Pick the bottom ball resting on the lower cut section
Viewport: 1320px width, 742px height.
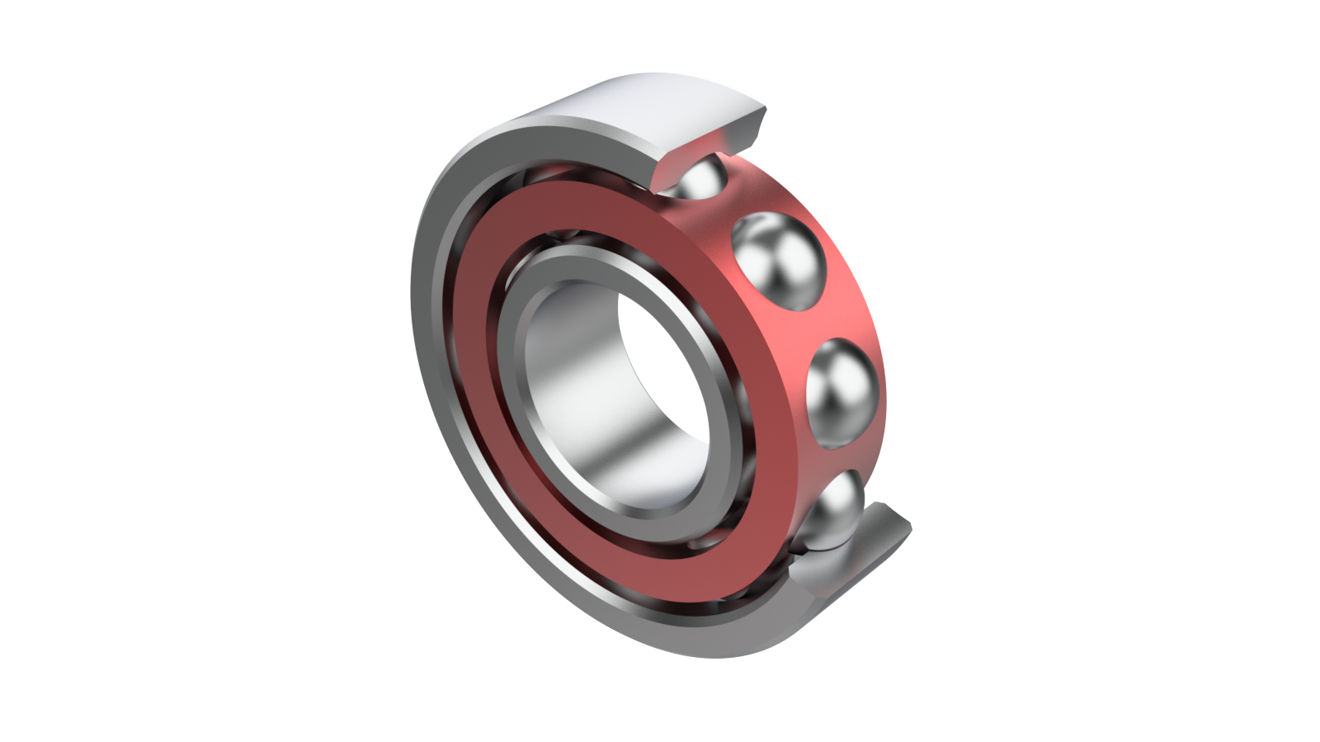tap(832, 516)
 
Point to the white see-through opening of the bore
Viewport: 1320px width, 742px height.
tap(660, 363)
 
